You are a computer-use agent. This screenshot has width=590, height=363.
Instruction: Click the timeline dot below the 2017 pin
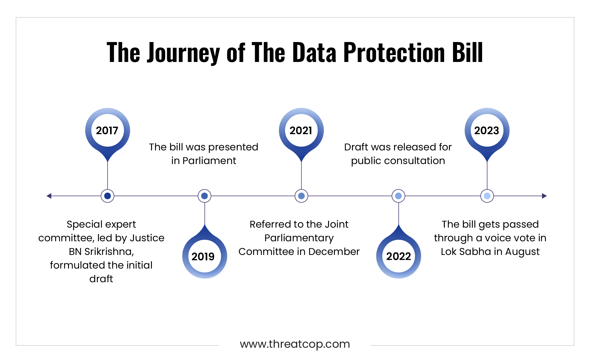point(107,196)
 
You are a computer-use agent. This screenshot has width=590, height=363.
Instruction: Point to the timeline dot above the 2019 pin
point(205,196)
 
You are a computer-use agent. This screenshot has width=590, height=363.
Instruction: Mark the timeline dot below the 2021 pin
point(301,196)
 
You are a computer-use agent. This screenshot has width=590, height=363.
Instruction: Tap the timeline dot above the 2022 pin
point(399,196)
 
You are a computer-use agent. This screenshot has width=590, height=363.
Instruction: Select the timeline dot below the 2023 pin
point(487,196)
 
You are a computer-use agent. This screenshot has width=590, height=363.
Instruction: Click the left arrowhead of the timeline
point(49,196)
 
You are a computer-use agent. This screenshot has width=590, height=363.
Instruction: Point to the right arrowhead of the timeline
point(544,196)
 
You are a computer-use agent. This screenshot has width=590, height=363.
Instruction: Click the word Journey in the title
point(183,53)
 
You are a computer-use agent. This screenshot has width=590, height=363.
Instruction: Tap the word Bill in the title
point(468,52)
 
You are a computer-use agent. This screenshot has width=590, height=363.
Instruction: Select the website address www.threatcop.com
point(295,344)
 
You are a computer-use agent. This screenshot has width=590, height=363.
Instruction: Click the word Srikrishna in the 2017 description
point(109,252)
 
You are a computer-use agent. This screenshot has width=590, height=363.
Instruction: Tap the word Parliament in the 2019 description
point(209,161)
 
